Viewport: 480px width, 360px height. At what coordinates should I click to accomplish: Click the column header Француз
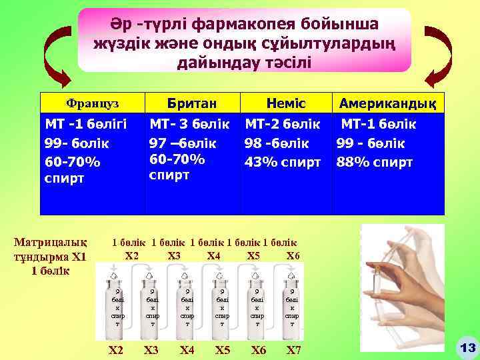click(x=92, y=104)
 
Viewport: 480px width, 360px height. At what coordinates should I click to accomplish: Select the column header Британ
click(x=191, y=103)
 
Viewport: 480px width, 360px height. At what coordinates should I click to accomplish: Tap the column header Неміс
click(x=285, y=103)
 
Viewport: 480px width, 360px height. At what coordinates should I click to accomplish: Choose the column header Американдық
click(x=388, y=103)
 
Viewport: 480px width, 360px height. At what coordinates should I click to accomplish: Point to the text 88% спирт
click(x=375, y=162)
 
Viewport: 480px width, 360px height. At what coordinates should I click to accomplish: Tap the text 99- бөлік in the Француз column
click(x=77, y=143)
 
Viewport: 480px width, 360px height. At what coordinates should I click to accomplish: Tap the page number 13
click(x=466, y=347)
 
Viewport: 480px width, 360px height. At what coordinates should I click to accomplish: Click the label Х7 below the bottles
click(x=293, y=351)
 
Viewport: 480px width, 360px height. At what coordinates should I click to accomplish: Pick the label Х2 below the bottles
click(x=116, y=351)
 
